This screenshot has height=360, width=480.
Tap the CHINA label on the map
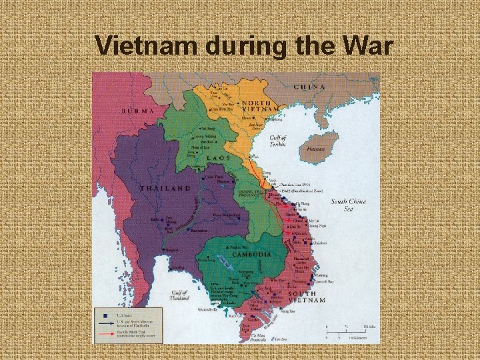point(309,87)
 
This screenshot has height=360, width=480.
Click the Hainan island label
point(315,149)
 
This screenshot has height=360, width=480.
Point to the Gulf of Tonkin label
point(278,140)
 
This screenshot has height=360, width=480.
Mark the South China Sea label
point(348,204)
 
